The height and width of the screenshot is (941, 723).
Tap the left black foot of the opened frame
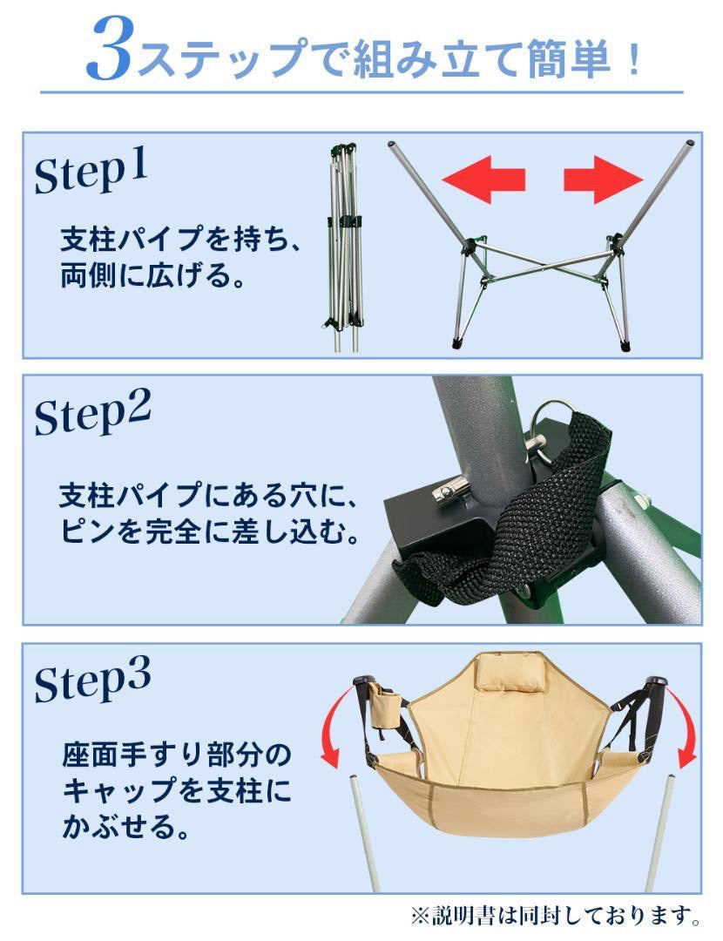(457, 344)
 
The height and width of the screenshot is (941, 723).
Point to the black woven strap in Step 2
(540, 514)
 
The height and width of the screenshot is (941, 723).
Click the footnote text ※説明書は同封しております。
(557, 916)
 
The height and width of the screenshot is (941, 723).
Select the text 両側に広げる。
(140, 277)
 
